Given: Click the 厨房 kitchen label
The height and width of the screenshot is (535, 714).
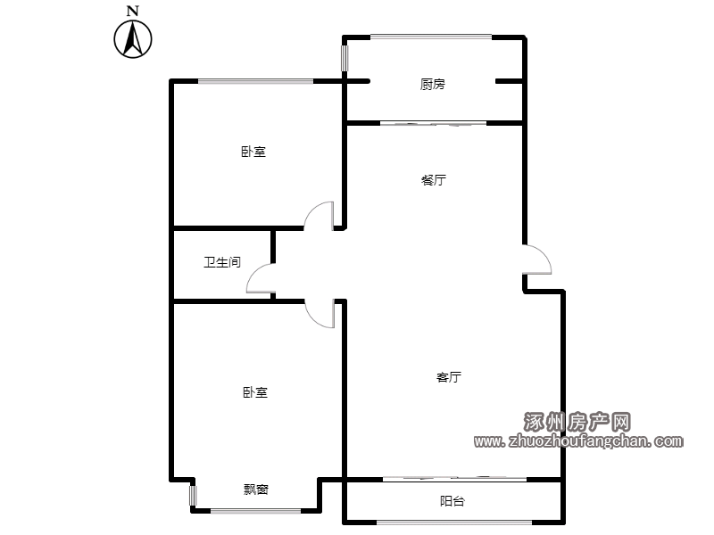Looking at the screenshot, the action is [x=432, y=84].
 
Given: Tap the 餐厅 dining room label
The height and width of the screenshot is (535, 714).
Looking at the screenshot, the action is [x=434, y=180].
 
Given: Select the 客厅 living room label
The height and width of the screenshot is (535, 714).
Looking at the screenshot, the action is [x=449, y=377].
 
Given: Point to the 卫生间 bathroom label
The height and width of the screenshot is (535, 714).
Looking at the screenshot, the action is [x=221, y=262].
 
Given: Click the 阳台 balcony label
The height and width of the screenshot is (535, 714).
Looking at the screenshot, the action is [x=452, y=501].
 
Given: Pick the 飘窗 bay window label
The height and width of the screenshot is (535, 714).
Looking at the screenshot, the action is [x=256, y=490].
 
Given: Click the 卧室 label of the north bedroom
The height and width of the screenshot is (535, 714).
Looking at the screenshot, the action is [x=253, y=152].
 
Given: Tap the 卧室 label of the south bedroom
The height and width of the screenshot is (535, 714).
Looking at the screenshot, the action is [x=255, y=392].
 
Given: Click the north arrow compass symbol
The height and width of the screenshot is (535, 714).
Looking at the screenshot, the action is [x=133, y=39].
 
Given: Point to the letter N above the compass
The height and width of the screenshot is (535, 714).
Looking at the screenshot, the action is [x=132, y=11].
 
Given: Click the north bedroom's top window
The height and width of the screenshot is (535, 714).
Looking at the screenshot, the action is [x=255, y=81].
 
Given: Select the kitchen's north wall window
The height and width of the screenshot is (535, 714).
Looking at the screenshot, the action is [x=431, y=37].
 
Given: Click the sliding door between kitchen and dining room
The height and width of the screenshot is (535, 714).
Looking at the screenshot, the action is [x=433, y=123].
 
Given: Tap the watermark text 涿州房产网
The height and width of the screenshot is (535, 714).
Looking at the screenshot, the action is [x=577, y=422].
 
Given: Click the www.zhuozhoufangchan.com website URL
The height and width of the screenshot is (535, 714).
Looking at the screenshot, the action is [x=578, y=440].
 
